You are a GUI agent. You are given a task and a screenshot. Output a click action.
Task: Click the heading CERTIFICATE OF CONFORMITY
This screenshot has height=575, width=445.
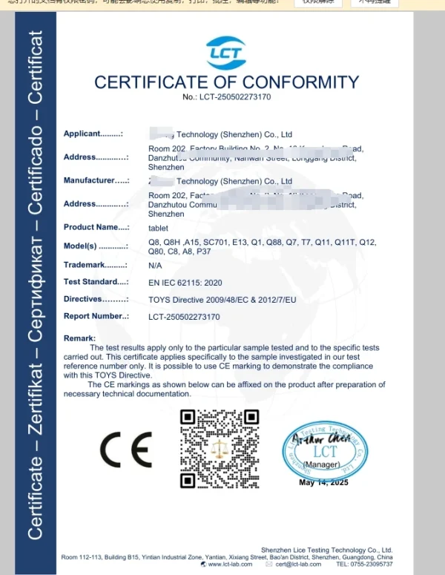point(226,82)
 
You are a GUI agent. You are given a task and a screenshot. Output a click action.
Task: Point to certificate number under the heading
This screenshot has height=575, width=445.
point(226,97)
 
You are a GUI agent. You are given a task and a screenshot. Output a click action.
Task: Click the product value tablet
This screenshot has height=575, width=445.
point(158,228)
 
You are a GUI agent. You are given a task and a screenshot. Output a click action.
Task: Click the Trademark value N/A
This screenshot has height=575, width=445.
point(155,265)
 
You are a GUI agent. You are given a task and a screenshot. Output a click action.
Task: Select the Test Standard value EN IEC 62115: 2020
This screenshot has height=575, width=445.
point(185,283)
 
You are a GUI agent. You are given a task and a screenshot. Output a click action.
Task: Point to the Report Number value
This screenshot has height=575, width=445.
point(184,317)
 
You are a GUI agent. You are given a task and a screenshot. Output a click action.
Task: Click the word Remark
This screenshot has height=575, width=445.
point(79,338)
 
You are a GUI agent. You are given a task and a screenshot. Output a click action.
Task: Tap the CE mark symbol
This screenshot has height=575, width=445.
point(125,448)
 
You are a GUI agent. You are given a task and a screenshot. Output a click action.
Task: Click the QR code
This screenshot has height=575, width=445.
point(220,448)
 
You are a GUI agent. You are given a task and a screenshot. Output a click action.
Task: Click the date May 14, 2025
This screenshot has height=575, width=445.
point(323,482)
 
